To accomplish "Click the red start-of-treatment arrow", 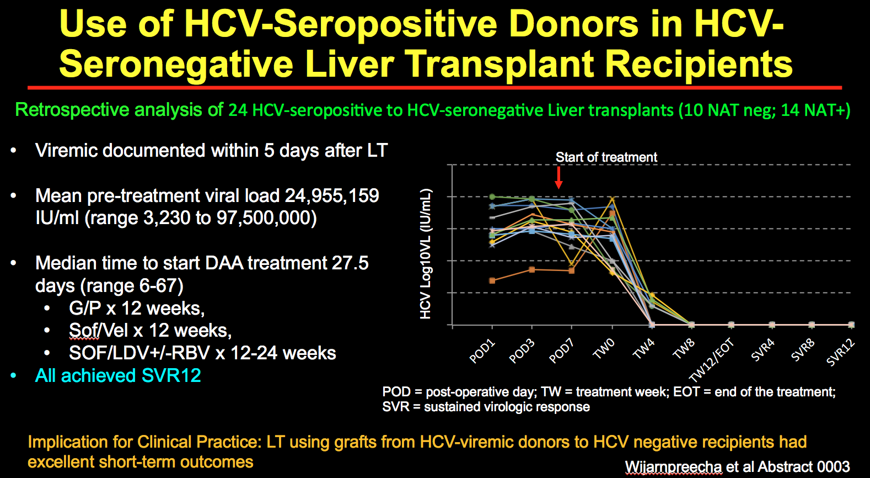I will click(x=558, y=177).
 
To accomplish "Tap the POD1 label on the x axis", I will click(x=482, y=352).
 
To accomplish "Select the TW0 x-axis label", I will click(x=604, y=349).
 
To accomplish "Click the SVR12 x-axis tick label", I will click(x=840, y=353).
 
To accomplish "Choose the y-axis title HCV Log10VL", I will click(x=425, y=254).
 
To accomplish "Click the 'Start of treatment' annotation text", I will click(x=606, y=157).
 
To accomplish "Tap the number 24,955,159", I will click(x=331, y=195).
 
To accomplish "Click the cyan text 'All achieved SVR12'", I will click(x=118, y=375).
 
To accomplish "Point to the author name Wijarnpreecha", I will click(x=673, y=467).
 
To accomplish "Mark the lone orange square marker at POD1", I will click(x=492, y=280).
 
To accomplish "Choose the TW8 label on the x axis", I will click(x=684, y=349).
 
